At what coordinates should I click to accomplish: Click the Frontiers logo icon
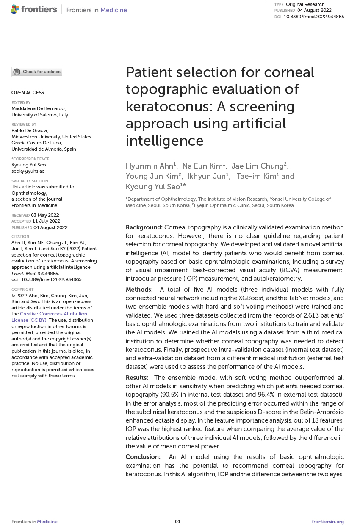[x=15, y=9]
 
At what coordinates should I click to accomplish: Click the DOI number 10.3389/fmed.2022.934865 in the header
[x=313, y=17]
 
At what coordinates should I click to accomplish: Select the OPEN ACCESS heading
[x=28, y=93]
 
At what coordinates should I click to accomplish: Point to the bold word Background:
[x=144, y=227]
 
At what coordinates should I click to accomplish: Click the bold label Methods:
[x=139, y=290]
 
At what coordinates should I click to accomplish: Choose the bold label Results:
[x=137, y=378]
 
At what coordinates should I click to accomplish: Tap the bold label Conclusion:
[x=143, y=457]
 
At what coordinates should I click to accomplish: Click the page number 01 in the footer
[x=178, y=522]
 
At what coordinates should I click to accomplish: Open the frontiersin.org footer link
[x=328, y=522]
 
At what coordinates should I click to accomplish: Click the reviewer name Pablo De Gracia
[x=30, y=130]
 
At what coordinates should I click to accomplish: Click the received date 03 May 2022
[x=45, y=215]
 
